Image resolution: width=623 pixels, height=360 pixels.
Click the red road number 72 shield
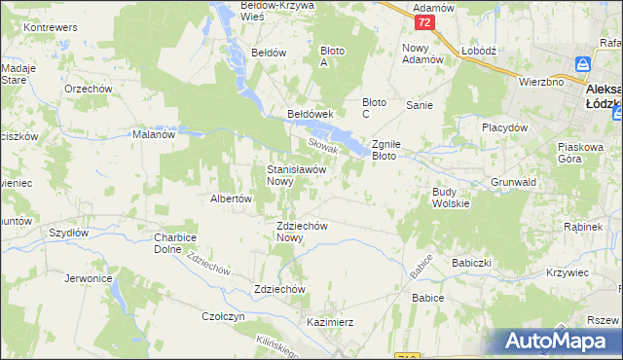tap(422, 21)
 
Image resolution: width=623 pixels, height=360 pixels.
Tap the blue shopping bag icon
tap(583, 64)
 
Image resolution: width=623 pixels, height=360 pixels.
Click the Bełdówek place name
tap(311, 114)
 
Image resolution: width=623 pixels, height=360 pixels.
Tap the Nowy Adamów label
tap(422, 53)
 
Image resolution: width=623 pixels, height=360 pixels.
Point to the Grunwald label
tap(515, 182)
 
